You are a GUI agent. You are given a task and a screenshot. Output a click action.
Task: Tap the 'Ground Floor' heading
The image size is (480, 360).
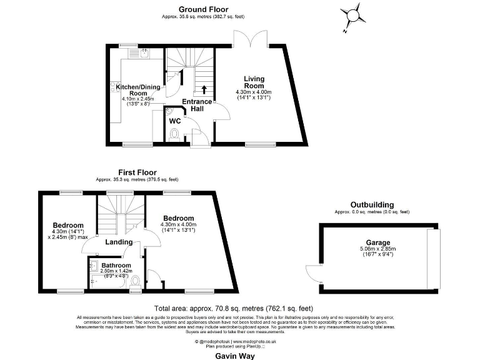(204, 9)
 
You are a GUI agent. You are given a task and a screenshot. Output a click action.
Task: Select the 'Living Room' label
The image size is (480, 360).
(254, 82)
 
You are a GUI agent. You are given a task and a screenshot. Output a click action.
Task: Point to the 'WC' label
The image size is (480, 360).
(176, 121)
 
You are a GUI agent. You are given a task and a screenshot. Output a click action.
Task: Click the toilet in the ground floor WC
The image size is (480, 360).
(175, 134)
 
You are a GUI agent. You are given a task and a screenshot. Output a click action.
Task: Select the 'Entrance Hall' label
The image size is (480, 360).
(192, 104)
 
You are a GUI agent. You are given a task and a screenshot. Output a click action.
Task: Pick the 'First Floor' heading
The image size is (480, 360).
(137, 172)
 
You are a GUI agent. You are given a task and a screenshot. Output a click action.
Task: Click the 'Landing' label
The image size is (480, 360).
(119, 242)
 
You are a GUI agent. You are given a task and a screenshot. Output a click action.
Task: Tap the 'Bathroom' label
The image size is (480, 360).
(116, 265)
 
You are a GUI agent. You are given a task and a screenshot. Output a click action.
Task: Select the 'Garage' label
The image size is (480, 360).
(378, 242)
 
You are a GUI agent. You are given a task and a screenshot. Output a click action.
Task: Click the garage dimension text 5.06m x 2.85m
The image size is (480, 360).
(378, 249)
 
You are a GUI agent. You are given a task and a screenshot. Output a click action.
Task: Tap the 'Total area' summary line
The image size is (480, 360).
(233, 309)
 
